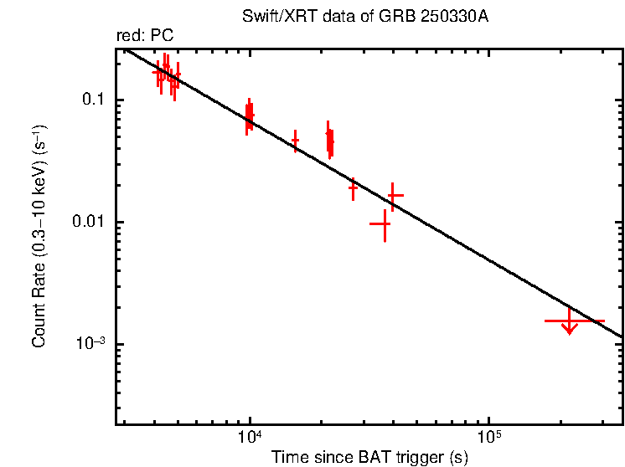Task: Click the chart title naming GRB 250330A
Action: click(369, 18)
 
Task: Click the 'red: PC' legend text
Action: click(144, 36)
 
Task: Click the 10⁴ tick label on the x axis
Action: click(250, 438)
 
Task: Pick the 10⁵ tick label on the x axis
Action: click(489, 438)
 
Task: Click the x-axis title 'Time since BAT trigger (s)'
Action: click(369, 457)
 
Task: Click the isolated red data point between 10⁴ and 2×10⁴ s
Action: click(295, 141)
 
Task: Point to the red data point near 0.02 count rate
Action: click(353, 189)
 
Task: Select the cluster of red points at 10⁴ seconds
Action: click(249, 115)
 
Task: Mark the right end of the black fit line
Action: click(622, 336)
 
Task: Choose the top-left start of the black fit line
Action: click(126, 50)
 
